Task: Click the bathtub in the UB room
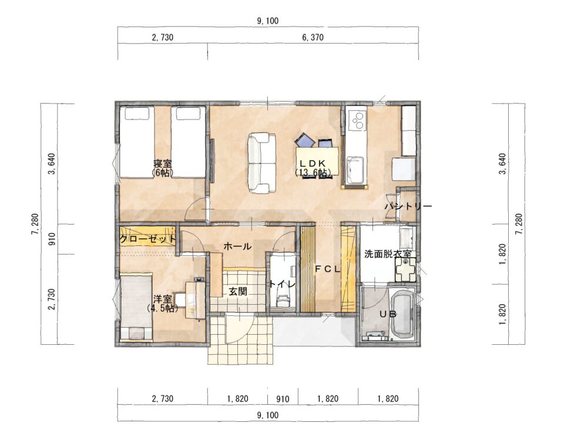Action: [x=402, y=315]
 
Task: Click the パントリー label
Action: [x=408, y=207]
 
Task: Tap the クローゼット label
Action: [x=148, y=238]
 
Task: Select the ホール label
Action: [x=237, y=247]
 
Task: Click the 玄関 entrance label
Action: [x=238, y=291]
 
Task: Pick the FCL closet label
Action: [x=327, y=269]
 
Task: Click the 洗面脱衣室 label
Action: [x=388, y=254]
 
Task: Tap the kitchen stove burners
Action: [x=358, y=121]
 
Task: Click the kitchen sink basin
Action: [x=355, y=170]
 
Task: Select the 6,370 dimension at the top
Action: [x=313, y=37]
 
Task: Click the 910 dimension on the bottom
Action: [x=283, y=399]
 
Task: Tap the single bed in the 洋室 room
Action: [x=135, y=307]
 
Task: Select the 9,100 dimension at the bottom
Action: [x=268, y=415]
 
